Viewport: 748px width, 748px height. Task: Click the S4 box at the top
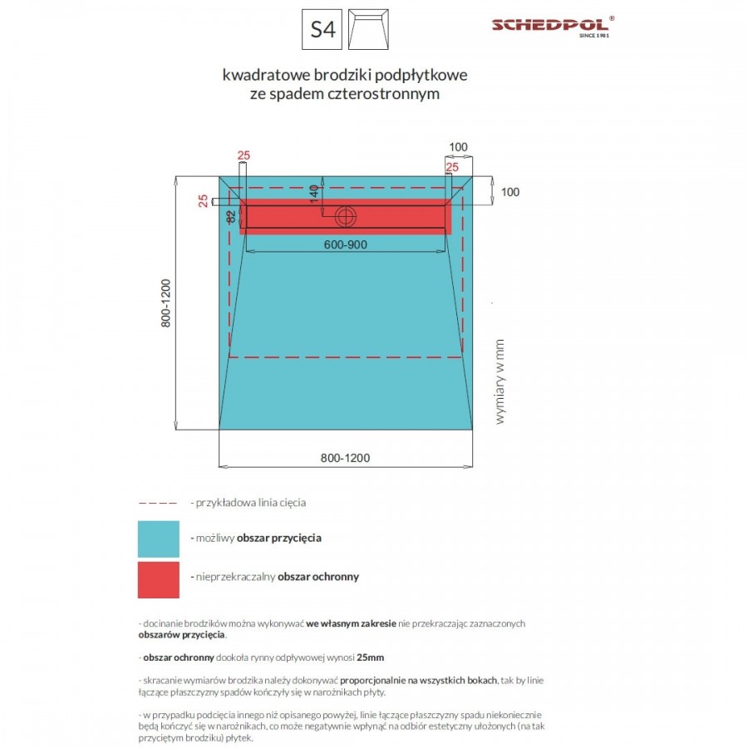[x=322, y=30]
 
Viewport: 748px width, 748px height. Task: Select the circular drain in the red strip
[x=344, y=216]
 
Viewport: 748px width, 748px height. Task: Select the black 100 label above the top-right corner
[x=458, y=147]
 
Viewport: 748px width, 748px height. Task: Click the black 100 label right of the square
[x=509, y=192]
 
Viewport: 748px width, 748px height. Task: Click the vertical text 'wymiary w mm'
[x=500, y=381]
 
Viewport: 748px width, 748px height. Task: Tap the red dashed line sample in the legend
[x=157, y=503]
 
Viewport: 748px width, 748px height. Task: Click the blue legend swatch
[x=158, y=539]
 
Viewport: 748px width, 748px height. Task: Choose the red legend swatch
[x=158, y=579]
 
